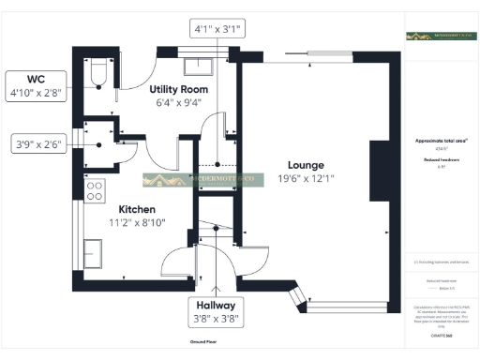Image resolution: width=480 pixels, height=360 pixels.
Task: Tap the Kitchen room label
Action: click(136, 209)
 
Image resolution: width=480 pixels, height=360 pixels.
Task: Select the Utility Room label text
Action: click(177, 89)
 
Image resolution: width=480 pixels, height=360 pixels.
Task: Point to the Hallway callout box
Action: click(216, 312)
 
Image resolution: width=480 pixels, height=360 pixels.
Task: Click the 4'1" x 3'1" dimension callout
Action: click(217, 29)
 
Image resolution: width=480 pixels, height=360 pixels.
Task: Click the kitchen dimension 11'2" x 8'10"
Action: click(136, 224)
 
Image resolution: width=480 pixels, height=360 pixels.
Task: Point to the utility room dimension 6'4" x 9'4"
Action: click(177, 103)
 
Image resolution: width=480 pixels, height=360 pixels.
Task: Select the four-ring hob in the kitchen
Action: click(95, 190)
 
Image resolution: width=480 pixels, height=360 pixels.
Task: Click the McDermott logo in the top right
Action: click(440, 36)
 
